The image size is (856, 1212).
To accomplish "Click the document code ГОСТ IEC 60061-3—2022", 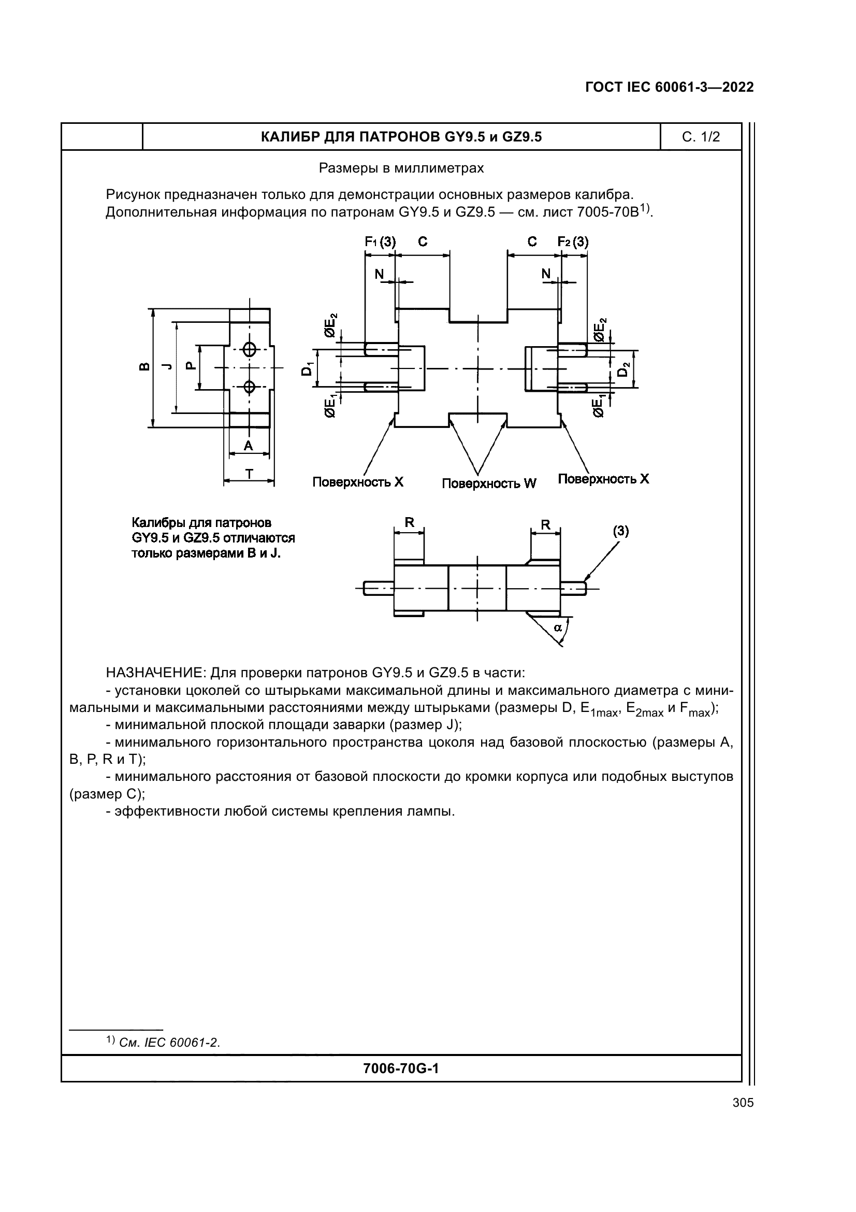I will pos(669,87).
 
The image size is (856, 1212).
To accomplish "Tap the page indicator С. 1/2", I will pos(701,137).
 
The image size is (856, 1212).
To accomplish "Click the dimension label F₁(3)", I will pos(380,242).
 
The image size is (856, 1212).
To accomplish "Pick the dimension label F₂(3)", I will pos(573,242).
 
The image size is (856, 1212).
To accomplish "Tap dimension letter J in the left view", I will pos(167,366).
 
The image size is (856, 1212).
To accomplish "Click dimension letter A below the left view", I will pos(249,446).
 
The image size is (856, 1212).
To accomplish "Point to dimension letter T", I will pos(249,474).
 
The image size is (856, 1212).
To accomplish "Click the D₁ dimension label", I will pos(307,368).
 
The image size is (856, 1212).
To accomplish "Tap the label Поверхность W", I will pos(488,483).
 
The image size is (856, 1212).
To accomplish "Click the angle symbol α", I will pos(557,627).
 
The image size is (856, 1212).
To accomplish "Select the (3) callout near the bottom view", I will pos(620,531).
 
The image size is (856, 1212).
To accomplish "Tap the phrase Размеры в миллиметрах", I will pos(401,168).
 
